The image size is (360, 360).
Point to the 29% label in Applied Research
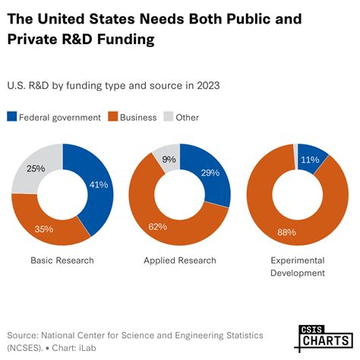click(210, 173)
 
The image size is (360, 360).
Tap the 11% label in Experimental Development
click(308, 159)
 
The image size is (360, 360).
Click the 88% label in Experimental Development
click(286, 232)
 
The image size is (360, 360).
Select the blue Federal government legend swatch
click(11, 117)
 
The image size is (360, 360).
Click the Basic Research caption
click(62, 261)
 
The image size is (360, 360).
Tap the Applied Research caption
click(179, 261)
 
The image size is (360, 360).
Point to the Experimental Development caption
click(298, 267)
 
